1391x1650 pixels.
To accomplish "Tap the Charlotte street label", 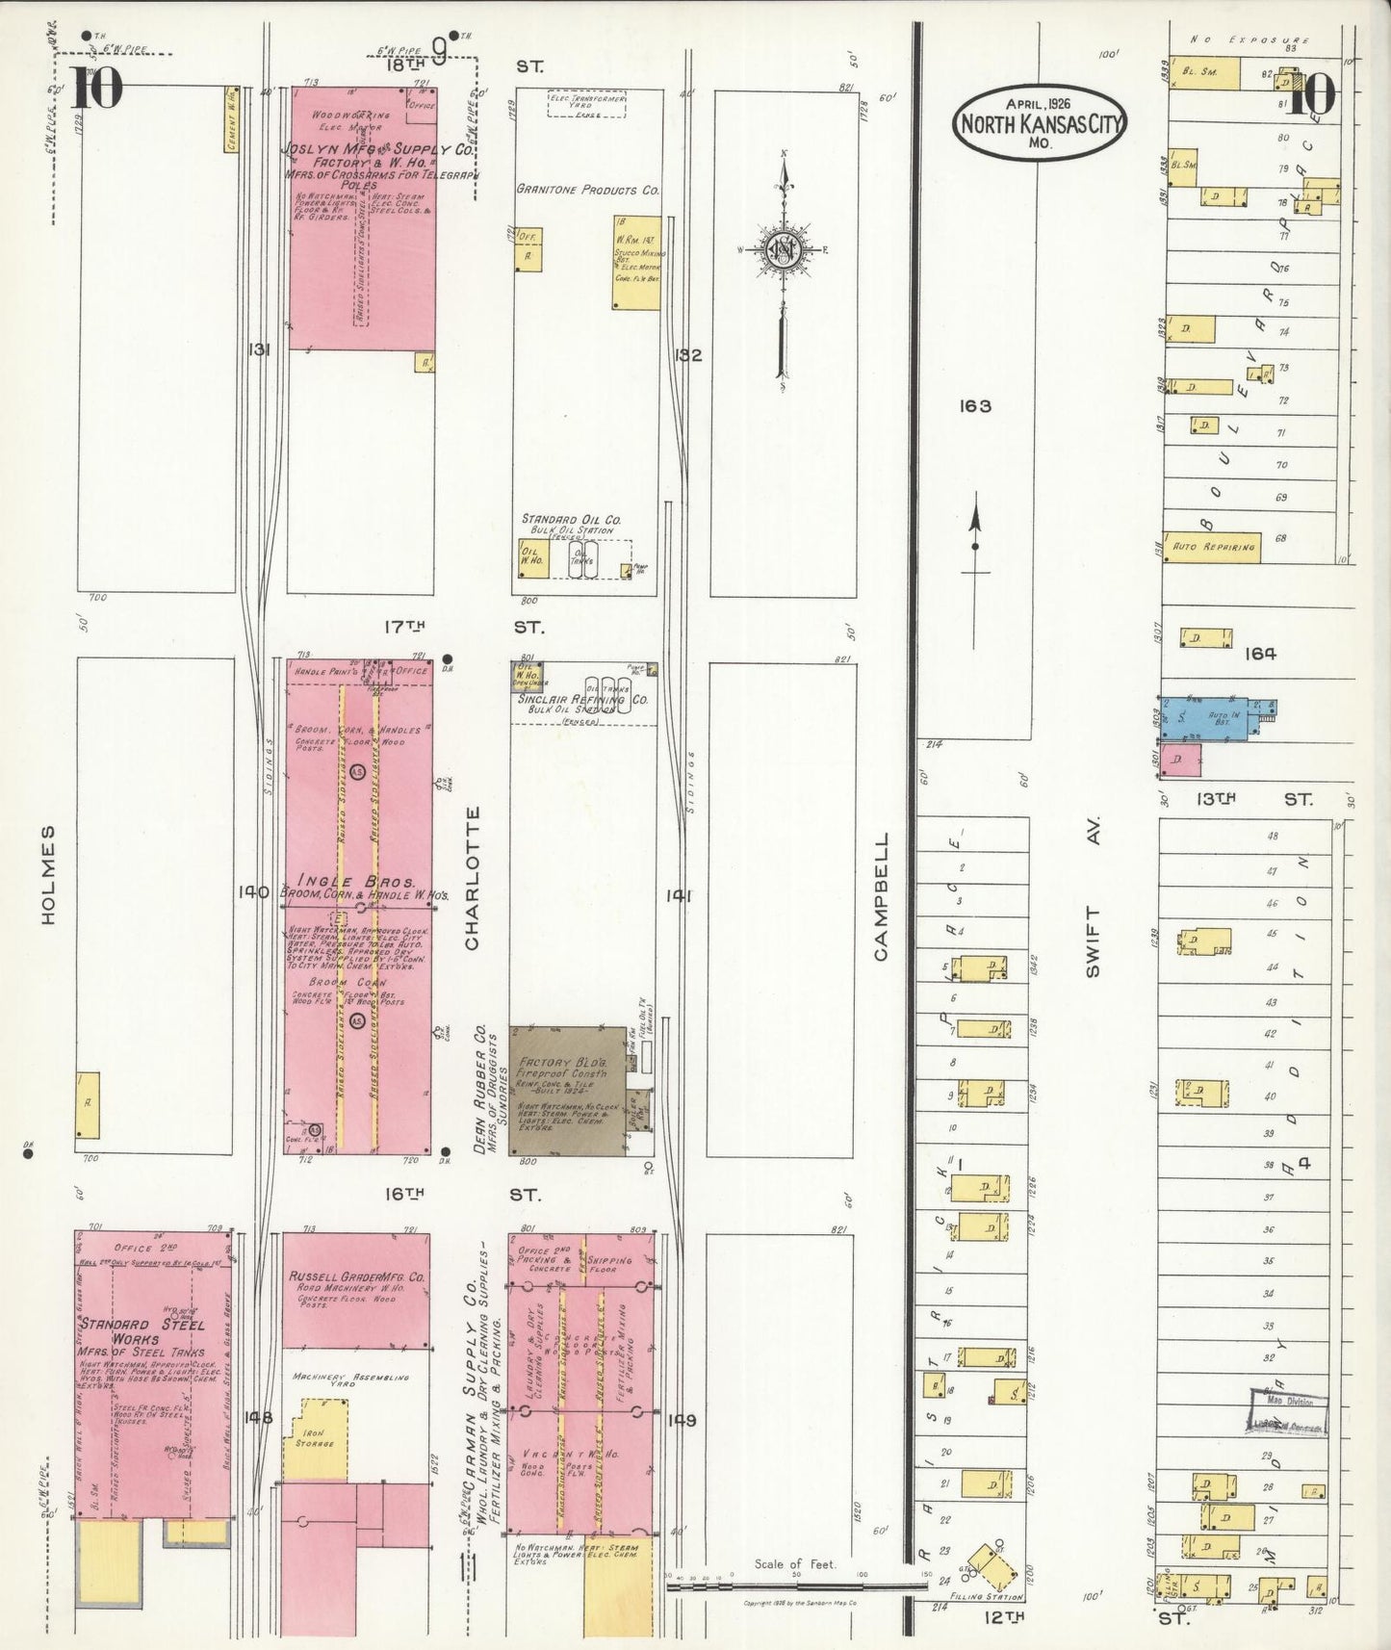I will click(x=472, y=878).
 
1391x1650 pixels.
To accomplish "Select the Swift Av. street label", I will click(x=1092, y=899).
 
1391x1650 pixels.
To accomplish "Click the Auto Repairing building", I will click(x=1212, y=547).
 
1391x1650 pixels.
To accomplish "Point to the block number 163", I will click(x=974, y=406).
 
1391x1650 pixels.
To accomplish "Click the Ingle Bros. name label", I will click(x=356, y=881).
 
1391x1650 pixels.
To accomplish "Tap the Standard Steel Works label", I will click(x=143, y=1330).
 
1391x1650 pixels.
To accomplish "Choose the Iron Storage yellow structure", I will click(x=315, y=1440).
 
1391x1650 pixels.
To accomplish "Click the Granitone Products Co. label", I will click(x=587, y=190).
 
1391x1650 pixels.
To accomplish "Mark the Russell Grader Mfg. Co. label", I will click(x=356, y=1276).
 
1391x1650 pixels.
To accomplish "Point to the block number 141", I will click(x=679, y=895).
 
